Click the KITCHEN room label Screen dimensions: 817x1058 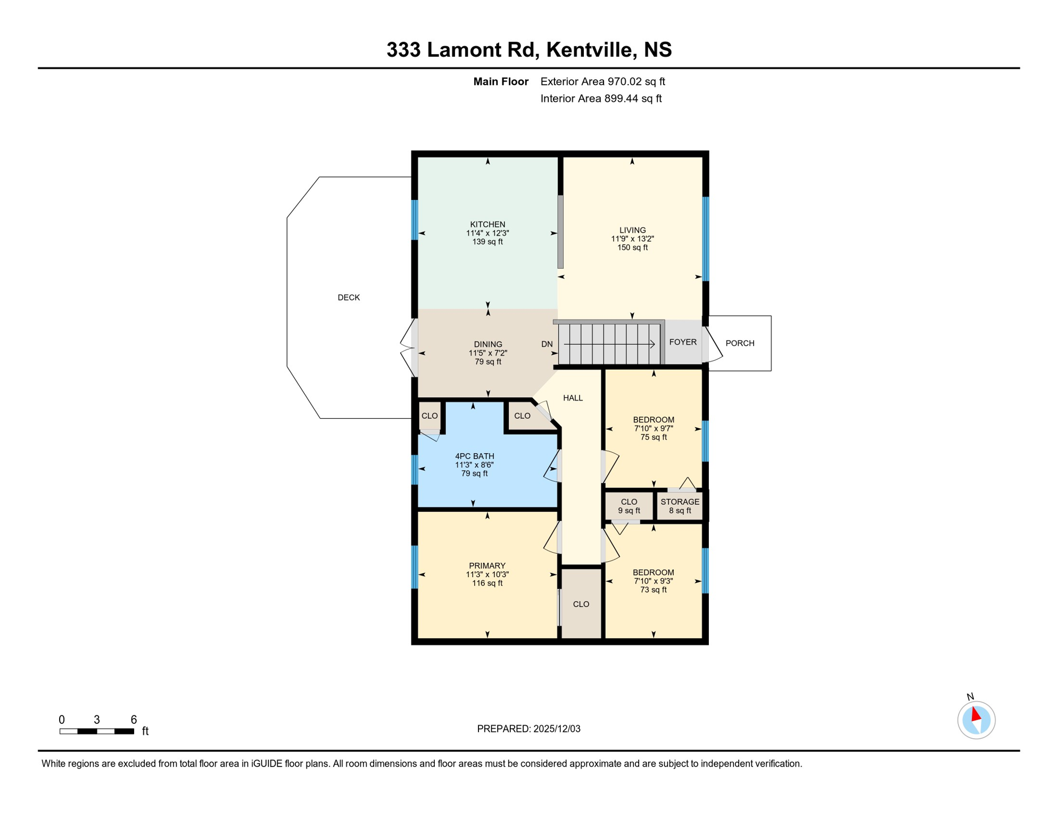[487, 224]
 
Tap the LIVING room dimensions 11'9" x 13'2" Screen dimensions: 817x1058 [632, 239]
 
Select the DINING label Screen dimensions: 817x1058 [488, 344]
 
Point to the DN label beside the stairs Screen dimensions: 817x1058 [547, 344]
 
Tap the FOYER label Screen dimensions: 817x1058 [683, 342]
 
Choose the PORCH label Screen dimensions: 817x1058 [740, 343]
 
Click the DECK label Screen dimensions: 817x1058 [349, 297]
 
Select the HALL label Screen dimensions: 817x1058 [573, 398]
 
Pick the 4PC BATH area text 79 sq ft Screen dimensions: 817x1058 [474, 473]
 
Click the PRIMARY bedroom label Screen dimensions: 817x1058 [487, 565]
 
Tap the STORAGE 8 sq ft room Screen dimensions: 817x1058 [680, 506]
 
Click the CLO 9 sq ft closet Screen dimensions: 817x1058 [629, 506]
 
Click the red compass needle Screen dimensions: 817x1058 [976, 714]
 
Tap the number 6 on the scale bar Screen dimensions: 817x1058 [134, 720]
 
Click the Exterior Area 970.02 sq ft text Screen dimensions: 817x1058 [602, 81]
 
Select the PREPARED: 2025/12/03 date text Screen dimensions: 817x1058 [528, 729]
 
